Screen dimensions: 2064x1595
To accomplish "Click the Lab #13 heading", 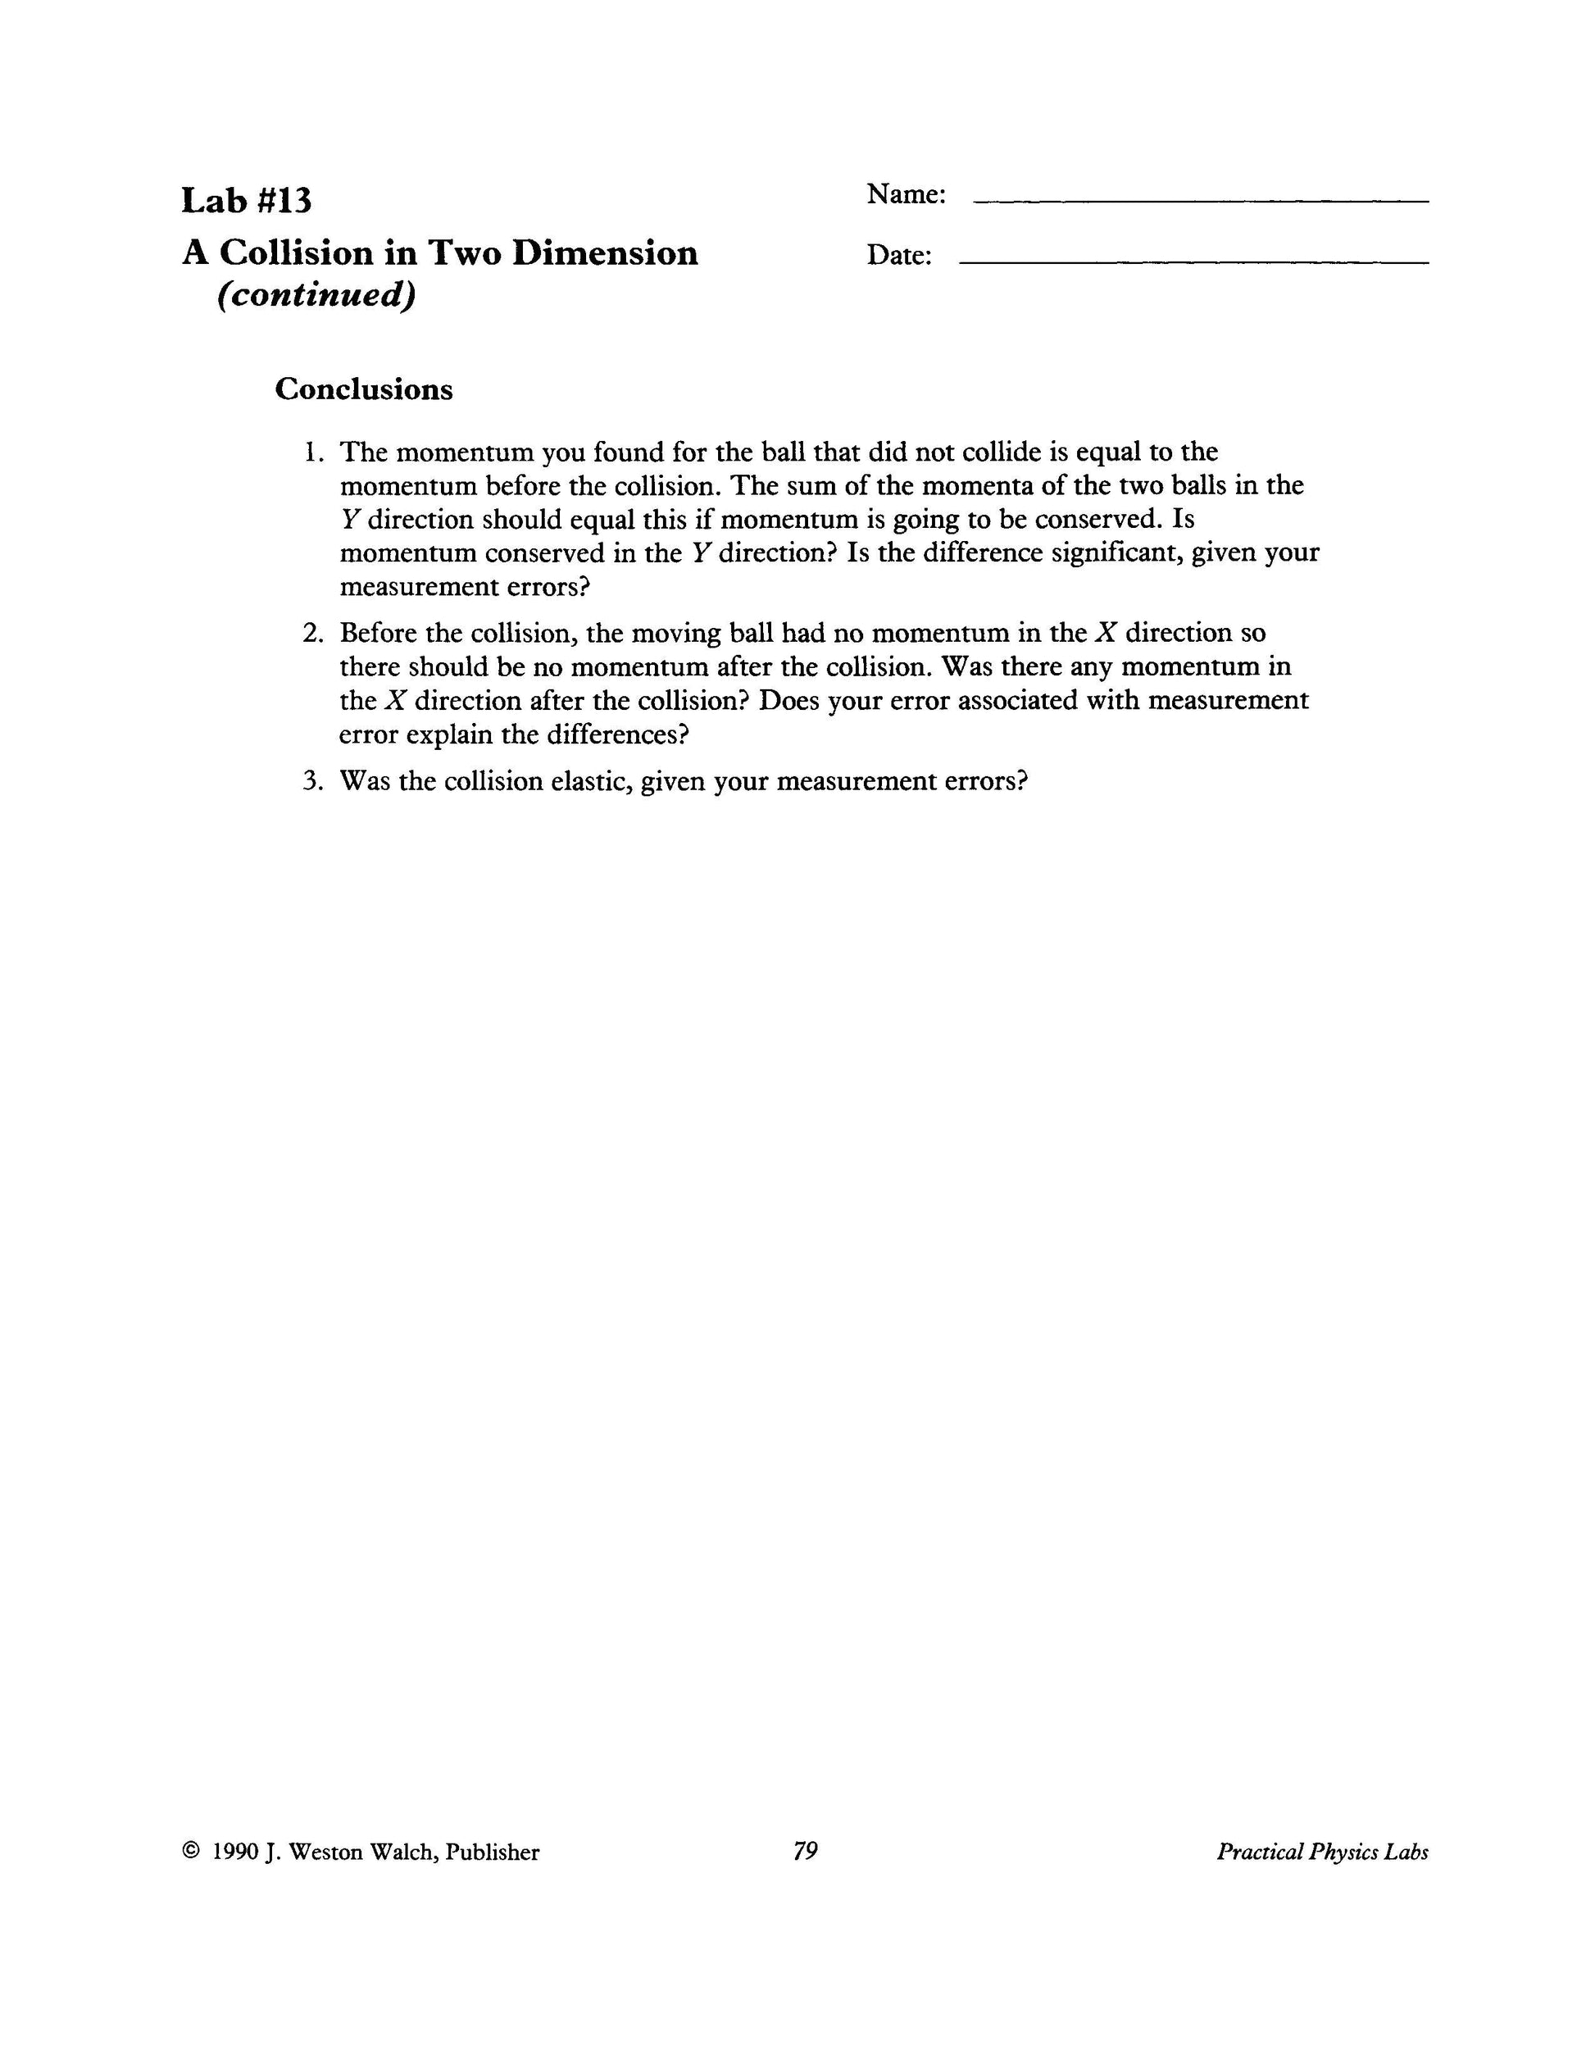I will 247,200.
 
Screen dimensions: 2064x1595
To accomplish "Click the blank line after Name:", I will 1200,200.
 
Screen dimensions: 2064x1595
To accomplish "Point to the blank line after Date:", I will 1193,261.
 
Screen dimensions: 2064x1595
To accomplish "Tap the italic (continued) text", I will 316,296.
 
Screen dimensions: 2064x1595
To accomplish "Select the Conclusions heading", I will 364,389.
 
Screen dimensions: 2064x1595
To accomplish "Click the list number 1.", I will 313,452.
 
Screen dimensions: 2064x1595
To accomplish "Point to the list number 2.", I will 313,633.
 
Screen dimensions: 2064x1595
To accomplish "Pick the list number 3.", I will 313,781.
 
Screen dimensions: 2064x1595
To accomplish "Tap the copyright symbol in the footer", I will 191,1852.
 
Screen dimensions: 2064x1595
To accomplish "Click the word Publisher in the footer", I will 493,1853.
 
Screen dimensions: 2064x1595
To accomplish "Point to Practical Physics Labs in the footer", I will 1322,1852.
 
